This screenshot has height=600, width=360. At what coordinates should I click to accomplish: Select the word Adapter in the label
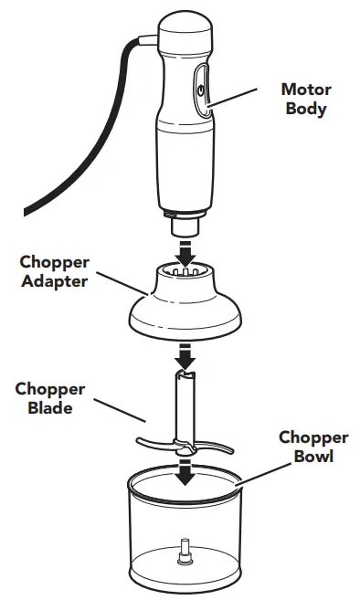55,281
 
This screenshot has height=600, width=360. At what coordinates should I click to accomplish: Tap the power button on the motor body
200,88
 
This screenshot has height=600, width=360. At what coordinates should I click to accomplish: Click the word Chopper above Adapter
55,262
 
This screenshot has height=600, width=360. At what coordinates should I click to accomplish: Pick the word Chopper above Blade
49,390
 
